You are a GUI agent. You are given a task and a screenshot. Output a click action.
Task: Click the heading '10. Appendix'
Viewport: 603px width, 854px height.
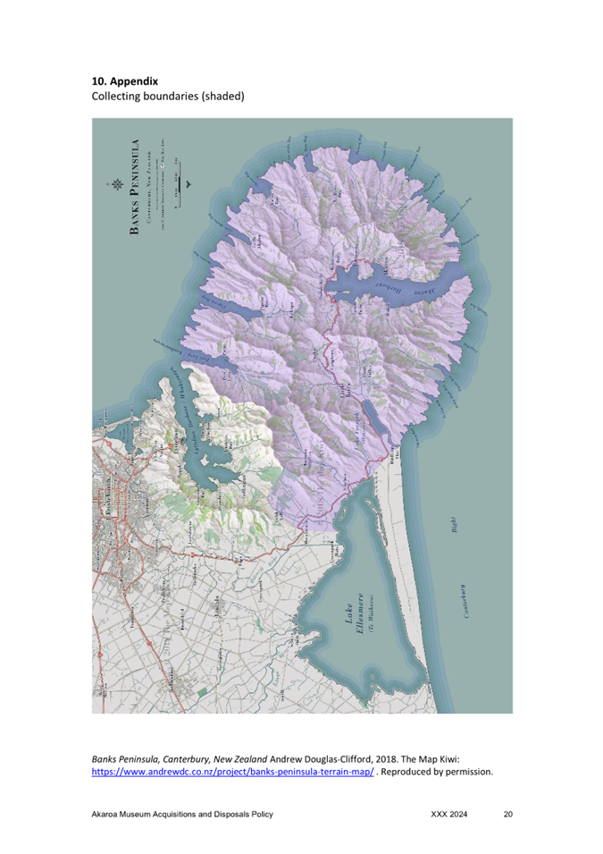[x=125, y=80]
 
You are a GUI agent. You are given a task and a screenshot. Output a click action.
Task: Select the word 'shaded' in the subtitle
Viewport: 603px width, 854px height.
[x=220, y=96]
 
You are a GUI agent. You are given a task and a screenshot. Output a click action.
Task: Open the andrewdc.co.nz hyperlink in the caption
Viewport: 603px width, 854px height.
[x=233, y=771]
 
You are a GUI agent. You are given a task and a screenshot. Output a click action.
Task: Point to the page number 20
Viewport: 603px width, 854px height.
[x=508, y=815]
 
